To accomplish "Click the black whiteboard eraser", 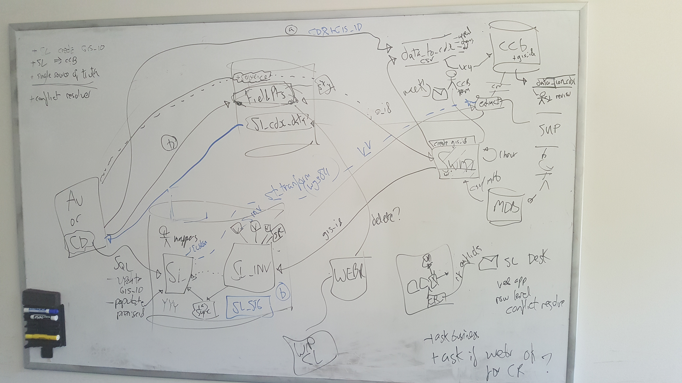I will pos(41,297).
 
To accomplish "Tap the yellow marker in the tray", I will pos(42,337).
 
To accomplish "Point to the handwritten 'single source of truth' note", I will pos(65,74).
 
